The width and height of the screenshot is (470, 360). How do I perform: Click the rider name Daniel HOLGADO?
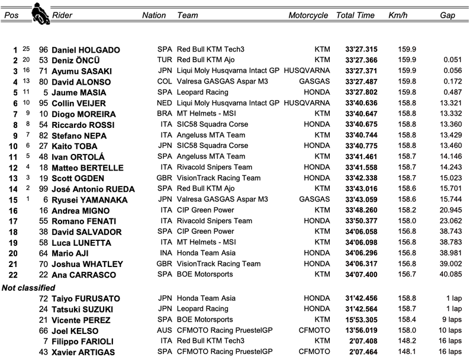click(x=85, y=50)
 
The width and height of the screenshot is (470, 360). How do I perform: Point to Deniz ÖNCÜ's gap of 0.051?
click(x=452, y=60)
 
